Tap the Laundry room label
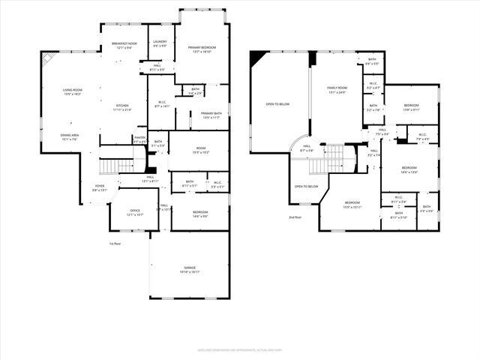pos(160,43)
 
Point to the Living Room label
pos(73,90)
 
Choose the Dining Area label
pos(70,135)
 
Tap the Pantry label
pos(139,138)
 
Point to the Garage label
pos(189,268)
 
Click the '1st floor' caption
pos(115,244)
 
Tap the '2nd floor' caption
pos(295,217)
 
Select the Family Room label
pos(337,88)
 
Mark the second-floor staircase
pos(337,158)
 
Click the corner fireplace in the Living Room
pos(47,58)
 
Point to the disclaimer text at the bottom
pos(239,348)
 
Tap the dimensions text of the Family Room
pos(337,92)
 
